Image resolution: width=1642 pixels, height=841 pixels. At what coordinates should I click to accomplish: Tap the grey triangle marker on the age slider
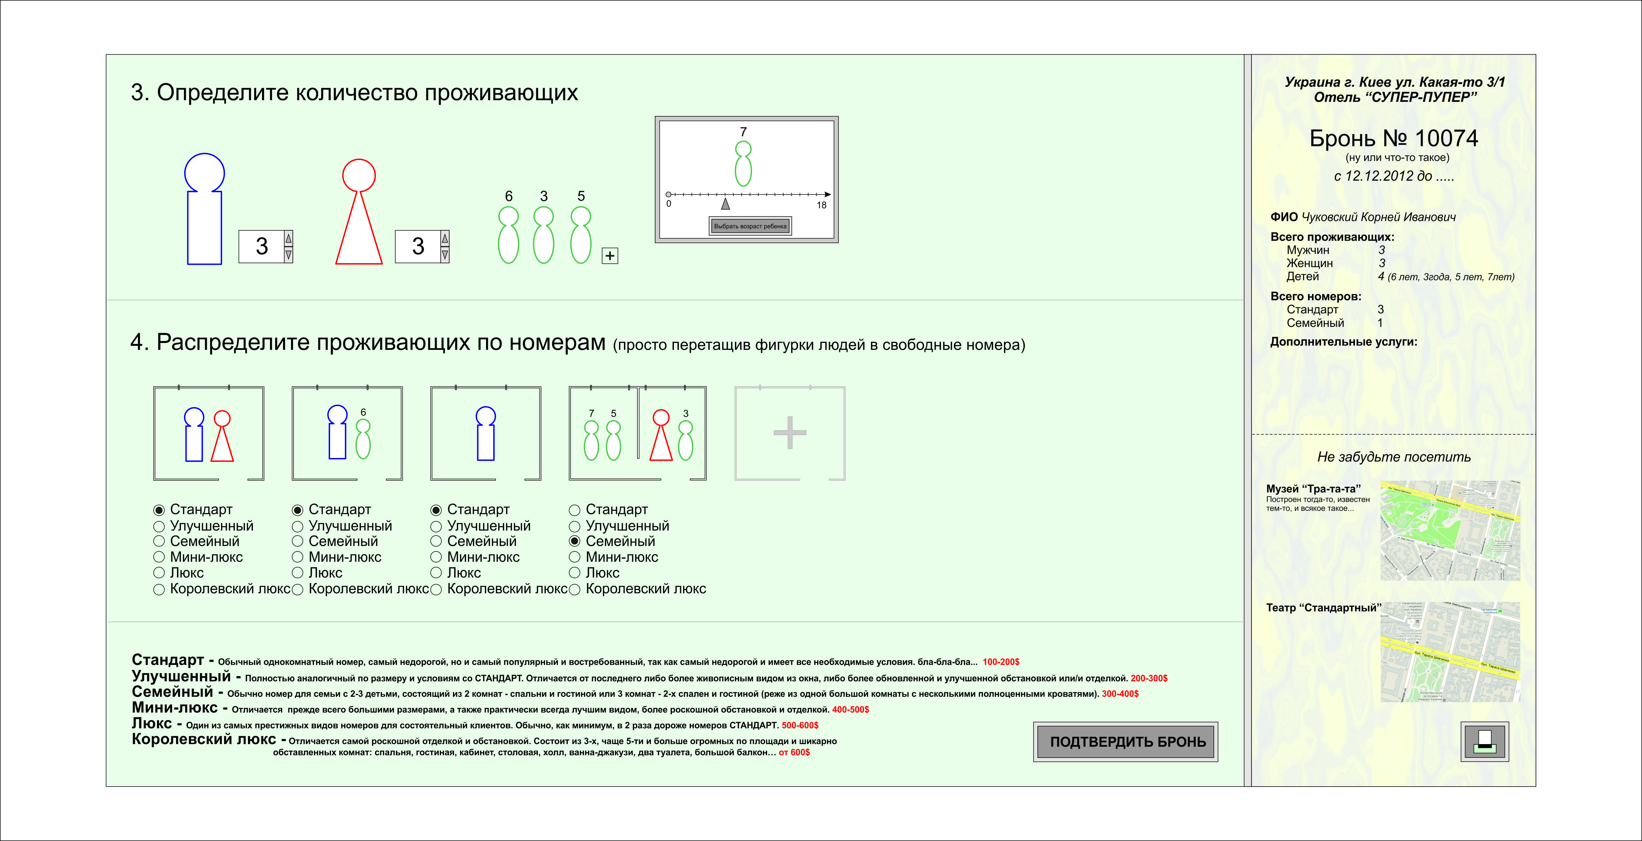point(725,204)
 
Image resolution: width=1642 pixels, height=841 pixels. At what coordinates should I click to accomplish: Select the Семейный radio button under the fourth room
point(574,541)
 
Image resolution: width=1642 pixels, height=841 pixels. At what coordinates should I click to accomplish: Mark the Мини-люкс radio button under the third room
point(436,557)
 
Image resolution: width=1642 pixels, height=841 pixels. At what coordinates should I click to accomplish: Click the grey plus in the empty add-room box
point(790,433)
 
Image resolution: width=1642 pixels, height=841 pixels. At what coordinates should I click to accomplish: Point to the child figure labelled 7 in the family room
point(591,440)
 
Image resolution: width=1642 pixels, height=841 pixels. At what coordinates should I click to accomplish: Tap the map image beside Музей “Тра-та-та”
point(1450,531)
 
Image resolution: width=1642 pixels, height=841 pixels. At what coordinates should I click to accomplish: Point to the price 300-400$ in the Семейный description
point(1120,694)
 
